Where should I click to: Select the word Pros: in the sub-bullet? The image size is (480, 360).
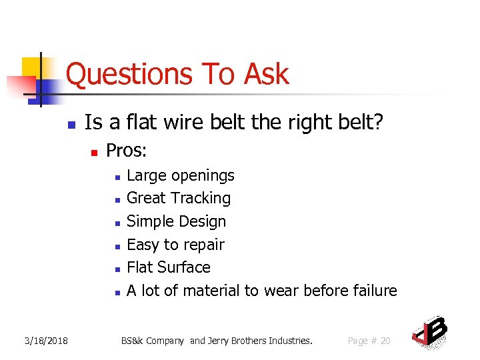point(126,151)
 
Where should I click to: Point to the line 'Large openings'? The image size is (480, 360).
point(180,175)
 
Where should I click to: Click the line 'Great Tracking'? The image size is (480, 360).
point(178,198)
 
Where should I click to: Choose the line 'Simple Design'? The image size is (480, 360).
point(176,221)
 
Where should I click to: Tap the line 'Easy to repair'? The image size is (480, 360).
point(175,245)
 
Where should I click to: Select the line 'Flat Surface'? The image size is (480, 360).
point(168,267)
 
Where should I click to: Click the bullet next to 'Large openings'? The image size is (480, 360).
point(116,177)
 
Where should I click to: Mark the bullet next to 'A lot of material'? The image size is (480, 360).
point(116,293)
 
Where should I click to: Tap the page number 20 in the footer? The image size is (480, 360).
point(385,341)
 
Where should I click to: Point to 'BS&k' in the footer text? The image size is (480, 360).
point(132,341)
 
